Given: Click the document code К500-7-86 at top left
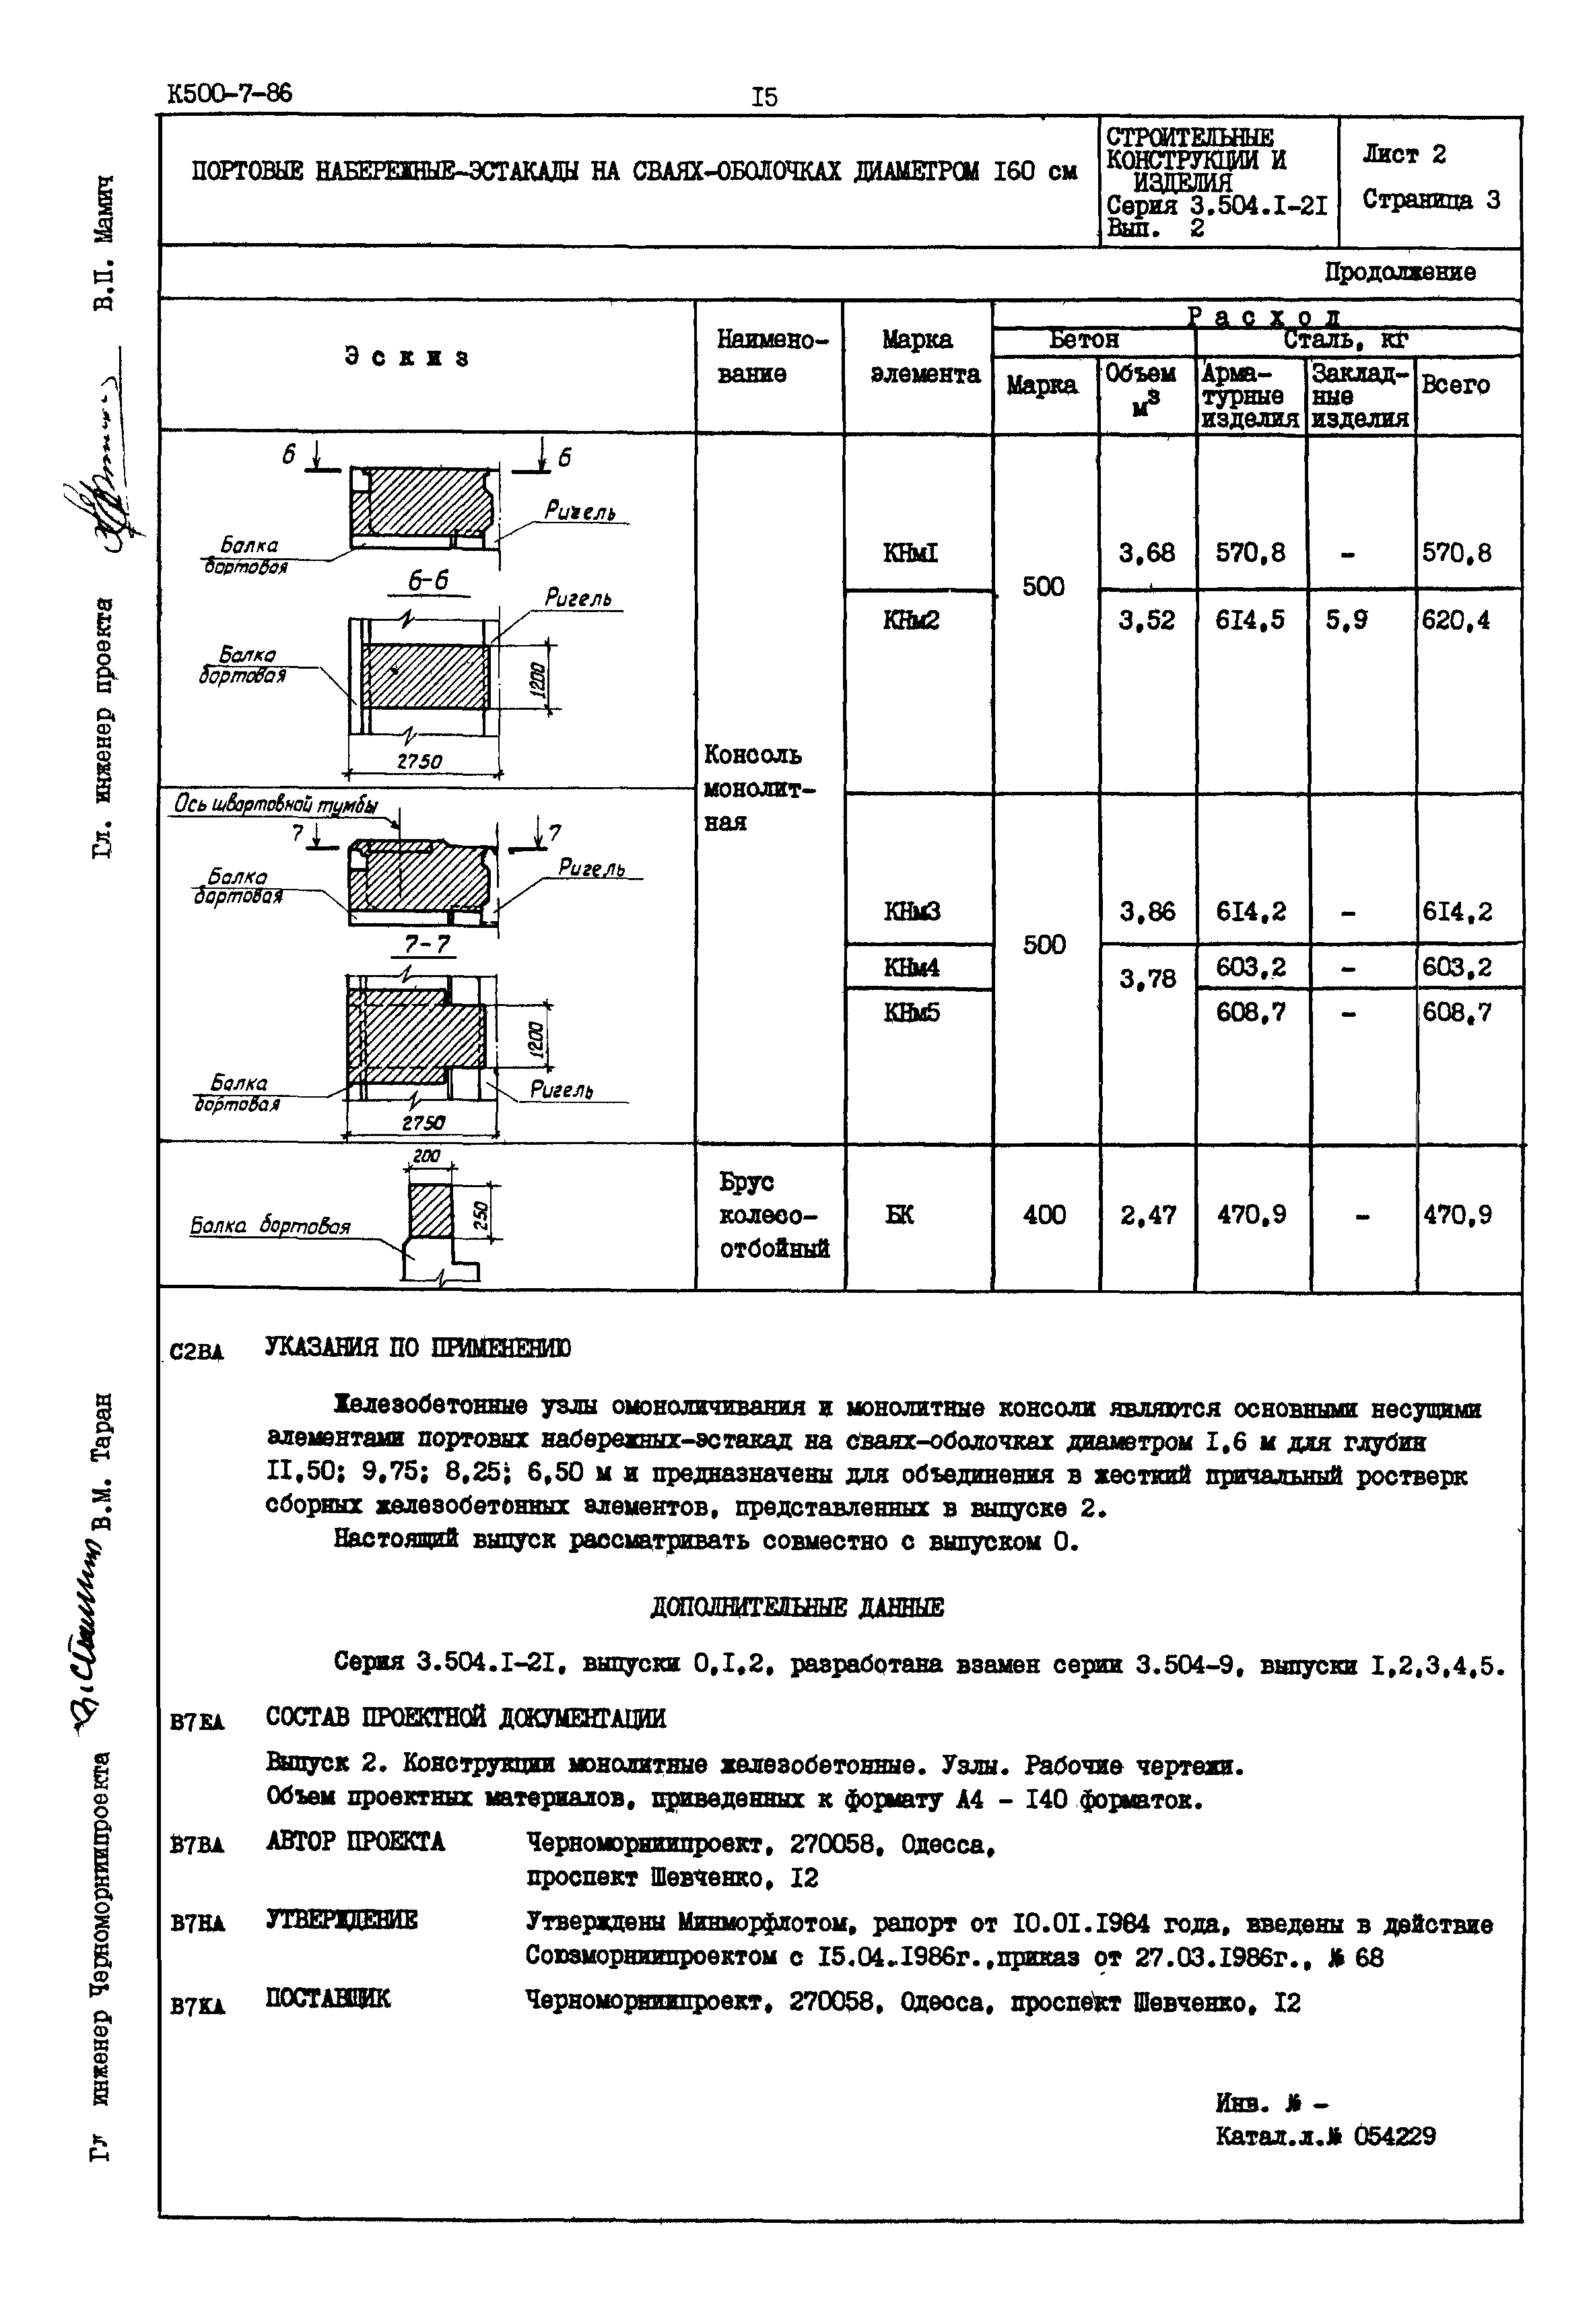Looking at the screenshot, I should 230,94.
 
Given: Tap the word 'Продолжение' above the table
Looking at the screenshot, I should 1400,272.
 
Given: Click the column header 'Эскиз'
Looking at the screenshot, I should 407,357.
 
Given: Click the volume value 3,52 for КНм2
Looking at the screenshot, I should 1147,620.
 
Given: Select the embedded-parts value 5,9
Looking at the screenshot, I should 1346,620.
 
